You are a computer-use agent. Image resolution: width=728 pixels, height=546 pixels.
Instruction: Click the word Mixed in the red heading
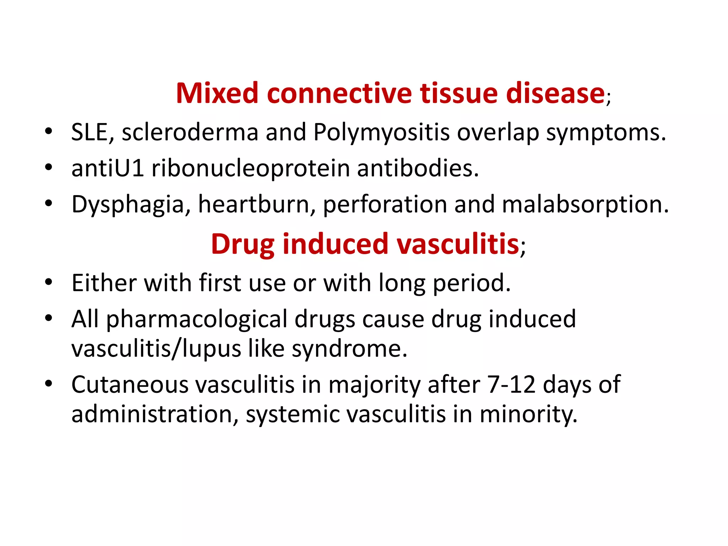(217, 93)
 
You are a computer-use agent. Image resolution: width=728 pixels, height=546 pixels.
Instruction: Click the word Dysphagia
(128, 205)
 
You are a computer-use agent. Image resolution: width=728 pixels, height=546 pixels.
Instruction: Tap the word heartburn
(253, 204)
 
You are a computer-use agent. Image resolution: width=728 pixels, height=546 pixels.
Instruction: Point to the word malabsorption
(585, 205)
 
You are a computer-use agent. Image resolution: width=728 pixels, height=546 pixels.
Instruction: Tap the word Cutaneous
(130, 385)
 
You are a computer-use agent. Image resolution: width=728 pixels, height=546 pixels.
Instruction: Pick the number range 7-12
(512, 385)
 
